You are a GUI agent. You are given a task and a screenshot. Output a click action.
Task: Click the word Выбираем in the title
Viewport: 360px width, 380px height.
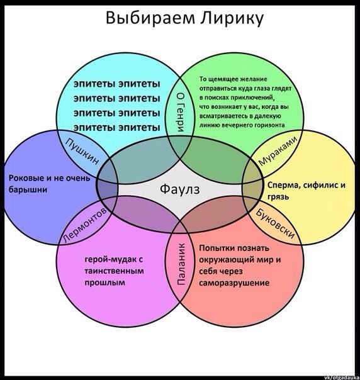pyautogui.click(x=150, y=18)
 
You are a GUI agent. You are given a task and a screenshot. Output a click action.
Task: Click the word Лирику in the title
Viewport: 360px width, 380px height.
pyautogui.click(x=232, y=19)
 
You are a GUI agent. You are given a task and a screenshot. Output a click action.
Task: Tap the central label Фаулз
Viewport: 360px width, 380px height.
pyautogui.click(x=180, y=189)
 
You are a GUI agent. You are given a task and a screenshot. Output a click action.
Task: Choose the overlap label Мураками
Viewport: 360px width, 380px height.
pyautogui.click(x=278, y=151)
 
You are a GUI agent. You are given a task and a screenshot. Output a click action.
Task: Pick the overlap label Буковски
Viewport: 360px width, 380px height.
pyautogui.click(x=276, y=223)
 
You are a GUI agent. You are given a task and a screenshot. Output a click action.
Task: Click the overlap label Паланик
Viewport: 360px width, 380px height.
pyautogui.click(x=181, y=264)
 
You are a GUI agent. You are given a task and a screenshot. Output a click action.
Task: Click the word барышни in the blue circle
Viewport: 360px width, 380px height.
pyautogui.click(x=28, y=189)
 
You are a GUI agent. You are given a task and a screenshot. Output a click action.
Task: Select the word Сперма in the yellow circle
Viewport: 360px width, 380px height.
pyautogui.click(x=283, y=186)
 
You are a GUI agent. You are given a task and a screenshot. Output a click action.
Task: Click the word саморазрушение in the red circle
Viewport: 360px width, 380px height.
pyautogui.click(x=234, y=283)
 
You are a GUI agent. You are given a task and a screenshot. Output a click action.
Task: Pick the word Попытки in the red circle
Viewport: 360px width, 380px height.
pyautogui.click(x=216, y=248)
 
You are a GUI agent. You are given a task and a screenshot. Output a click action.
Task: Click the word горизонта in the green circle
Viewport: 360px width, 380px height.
pyautogui.click(x=269, y=125)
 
